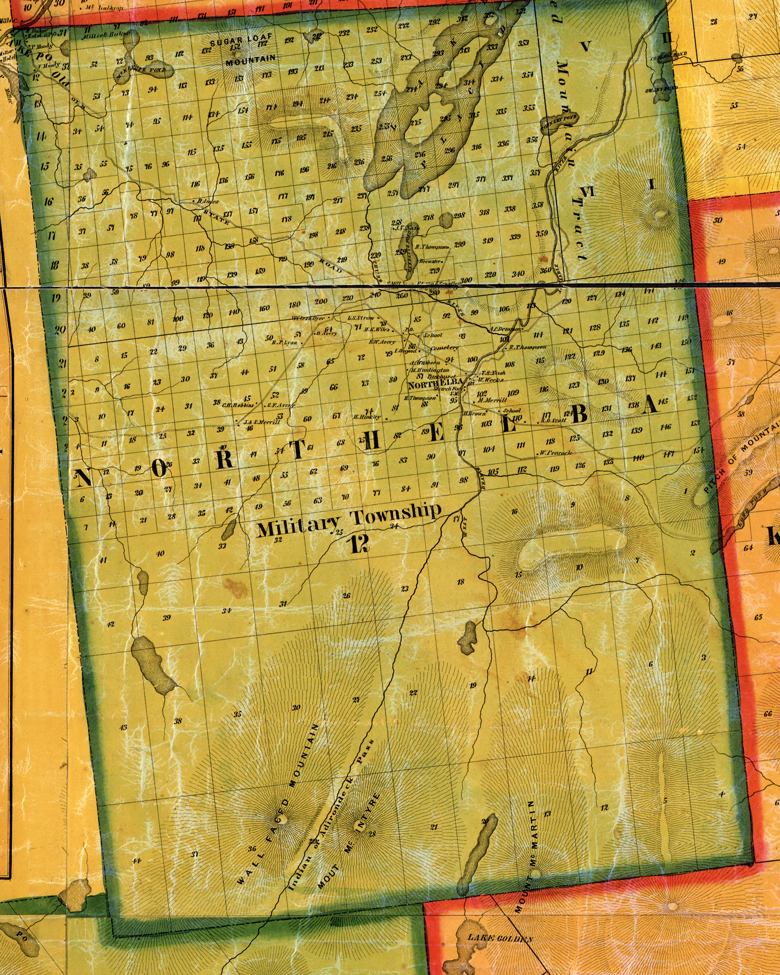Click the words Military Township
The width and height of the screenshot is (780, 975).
[349, 520]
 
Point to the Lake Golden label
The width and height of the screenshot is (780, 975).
[500, 938]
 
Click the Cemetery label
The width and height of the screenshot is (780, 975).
[444, 348]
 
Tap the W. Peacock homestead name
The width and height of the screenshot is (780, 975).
[555, 453]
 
